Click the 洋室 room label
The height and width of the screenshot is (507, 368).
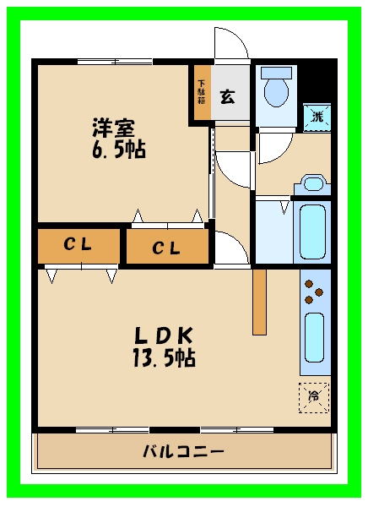click(113, 128)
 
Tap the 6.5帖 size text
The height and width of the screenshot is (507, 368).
click(119, 150)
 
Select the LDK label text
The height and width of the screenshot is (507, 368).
click(164, 335)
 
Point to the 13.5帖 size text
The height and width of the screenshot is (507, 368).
click(164, 357)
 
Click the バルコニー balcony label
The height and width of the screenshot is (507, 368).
click(183, 451)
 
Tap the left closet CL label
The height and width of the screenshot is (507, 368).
click(78, 244)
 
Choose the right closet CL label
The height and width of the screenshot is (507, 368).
click(166, 248)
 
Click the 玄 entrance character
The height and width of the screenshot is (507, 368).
click(227, 96)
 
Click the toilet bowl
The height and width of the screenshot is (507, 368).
click(276, 87)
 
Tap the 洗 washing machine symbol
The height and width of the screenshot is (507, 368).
click(317, 117)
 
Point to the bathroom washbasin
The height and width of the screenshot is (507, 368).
click(312, 184)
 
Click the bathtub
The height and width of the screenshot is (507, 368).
click(312, 232)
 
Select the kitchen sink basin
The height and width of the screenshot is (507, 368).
click(314, 337)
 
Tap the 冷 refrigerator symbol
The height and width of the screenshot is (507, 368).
click(313, 398)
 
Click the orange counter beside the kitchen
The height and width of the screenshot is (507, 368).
click(259, 302)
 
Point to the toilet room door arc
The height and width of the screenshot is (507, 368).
click(284, 154)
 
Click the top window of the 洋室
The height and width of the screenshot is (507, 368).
click(115, 62)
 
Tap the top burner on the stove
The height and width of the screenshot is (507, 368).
click(309, 284)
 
